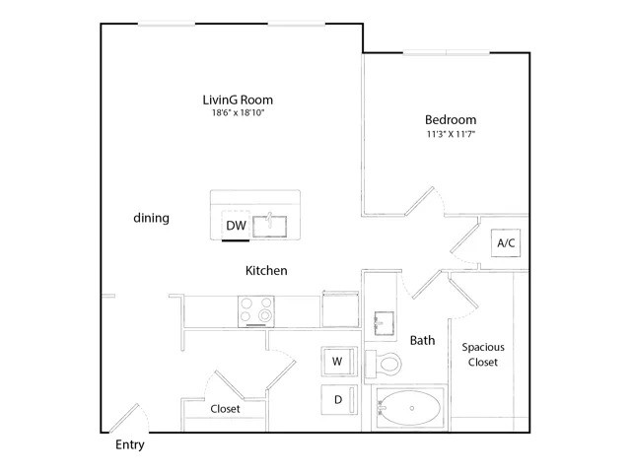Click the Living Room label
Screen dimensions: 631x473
[238, 100]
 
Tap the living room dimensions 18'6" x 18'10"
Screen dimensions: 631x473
[238, 112]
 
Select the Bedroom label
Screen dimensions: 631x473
[451, 119]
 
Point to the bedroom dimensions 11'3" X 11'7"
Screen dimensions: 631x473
[451, 134]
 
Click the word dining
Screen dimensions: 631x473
[151, 218]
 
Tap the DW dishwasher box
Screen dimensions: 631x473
[236, 226]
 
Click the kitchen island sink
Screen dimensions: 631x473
[269, 227]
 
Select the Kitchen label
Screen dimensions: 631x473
[266, 270]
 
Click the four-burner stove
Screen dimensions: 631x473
[256, 311]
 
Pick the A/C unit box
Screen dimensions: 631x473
[506, 243]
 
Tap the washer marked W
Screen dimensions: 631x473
[339, 362]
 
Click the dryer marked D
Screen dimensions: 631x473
[339, 400]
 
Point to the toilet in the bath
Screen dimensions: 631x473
[383, 364]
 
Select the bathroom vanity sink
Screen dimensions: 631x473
[384, 323]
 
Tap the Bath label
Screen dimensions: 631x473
[423, 341]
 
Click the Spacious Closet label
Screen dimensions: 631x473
[483, 355]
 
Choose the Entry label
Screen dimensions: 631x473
[129, 444]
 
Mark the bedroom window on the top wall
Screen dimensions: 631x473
[447, 52]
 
